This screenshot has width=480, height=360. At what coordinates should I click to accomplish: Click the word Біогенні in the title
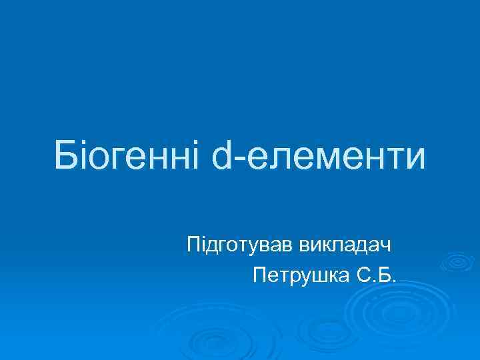[126, 155]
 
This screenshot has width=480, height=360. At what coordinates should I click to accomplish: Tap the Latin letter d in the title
[222, 155]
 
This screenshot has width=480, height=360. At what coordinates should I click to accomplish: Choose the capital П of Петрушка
[261, 275]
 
